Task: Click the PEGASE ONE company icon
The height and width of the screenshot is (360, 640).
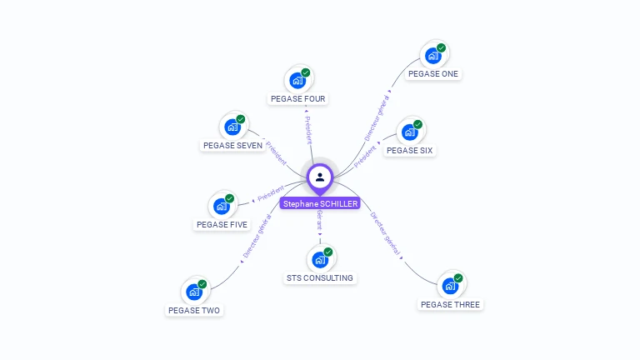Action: click(x=432, y=56)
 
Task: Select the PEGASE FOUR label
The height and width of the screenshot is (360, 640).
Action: click(x=298, y=98)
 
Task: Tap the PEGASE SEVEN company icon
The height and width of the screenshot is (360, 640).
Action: click(x=232, y=127)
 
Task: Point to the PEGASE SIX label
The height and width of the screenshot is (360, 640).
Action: click(x=409, y=150)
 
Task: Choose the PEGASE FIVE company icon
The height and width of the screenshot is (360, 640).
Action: click(x=222, y=206)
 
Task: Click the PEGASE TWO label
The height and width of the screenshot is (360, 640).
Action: click(x=194, y=310)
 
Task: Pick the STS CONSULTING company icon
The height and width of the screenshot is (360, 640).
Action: click(x=319, y=260)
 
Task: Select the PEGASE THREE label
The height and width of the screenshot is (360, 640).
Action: click(x=450, y=304)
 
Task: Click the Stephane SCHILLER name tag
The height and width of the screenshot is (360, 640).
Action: click(x=320, y=203)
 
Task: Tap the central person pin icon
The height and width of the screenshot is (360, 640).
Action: click(x=320, y=177)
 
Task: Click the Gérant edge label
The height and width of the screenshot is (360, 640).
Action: click(x=319, y=221)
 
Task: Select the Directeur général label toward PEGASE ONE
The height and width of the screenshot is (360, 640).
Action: click(x=377, y=117)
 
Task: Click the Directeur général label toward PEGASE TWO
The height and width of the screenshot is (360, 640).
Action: click(x=257, y=236)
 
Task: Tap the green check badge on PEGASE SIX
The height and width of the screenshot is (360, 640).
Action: click(x=418, y=124)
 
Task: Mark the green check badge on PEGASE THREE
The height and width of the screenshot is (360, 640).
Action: click(x=458, y=277)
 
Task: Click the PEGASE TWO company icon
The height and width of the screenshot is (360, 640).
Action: click(x=194, y=292)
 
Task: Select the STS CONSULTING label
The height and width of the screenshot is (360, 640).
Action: click(x=319, y=278)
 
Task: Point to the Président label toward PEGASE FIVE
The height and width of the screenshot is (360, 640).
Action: click(x=271, y=193)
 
